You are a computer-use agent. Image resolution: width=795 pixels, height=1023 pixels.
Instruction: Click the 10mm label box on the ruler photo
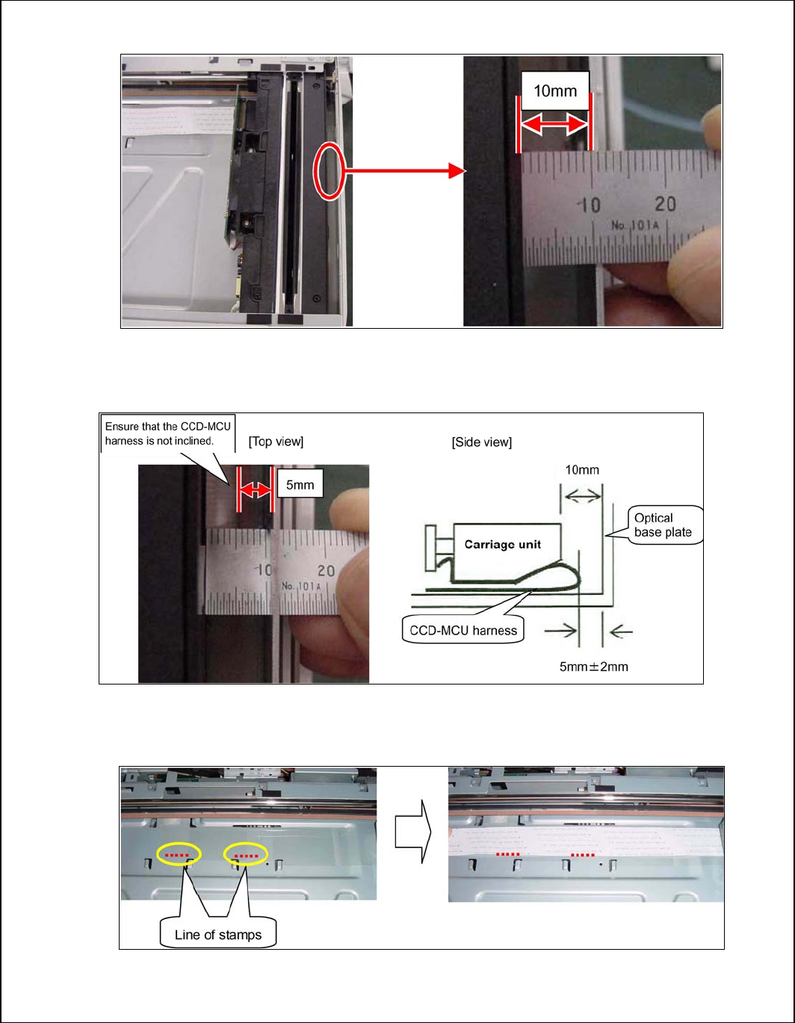point(554,91)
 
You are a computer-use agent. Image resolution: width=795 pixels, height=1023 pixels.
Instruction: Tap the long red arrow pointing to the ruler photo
point(403,171)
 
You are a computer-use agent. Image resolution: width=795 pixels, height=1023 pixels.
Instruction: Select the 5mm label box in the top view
point(300,485)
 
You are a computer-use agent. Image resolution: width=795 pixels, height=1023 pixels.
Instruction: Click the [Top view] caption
point(276,442)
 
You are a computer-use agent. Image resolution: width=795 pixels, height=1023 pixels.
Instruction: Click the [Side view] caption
point(481,442)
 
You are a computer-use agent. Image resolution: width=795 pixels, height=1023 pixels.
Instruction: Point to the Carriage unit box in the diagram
point(503,544)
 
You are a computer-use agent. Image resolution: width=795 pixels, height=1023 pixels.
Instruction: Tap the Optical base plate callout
point(663,525)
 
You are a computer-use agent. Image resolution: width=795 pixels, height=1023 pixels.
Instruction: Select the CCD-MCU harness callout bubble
point(463,630)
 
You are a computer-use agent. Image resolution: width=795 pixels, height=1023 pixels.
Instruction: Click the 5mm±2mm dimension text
point(593,666)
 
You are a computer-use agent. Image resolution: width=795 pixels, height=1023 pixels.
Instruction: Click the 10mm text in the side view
point(581,470)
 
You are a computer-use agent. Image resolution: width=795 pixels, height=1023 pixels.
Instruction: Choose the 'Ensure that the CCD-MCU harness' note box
point(168,433)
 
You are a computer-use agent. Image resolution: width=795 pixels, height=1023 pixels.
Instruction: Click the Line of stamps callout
point(218,934)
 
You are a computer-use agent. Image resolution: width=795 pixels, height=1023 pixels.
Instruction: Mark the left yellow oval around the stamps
point(179,854)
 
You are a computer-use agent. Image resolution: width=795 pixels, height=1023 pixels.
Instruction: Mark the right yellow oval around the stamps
point(246,854)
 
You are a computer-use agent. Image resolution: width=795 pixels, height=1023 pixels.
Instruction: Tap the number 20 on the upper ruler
point(665,203)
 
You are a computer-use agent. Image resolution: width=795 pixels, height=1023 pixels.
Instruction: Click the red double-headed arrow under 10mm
point(554,126)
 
